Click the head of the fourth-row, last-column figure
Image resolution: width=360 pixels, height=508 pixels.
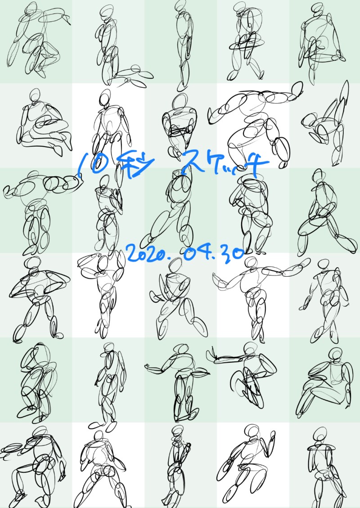(x=324, y=264)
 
